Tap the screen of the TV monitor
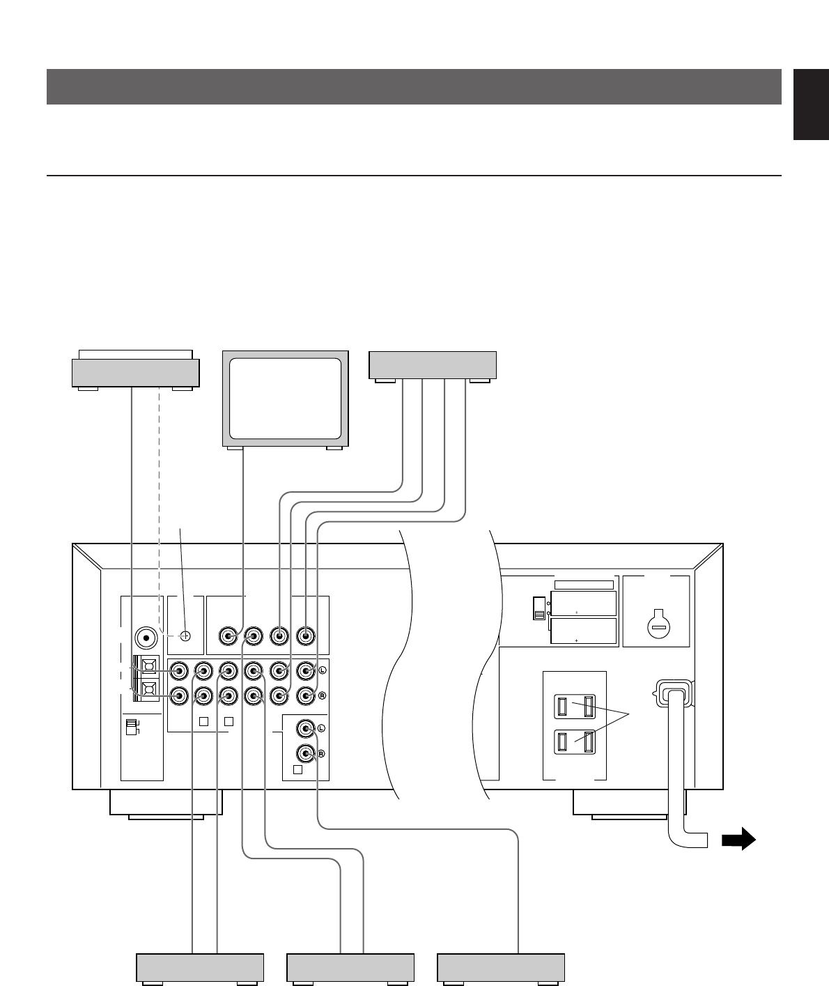click(x=285, y=397)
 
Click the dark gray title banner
click(x=414, y=86)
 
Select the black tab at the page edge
click(x=811, y=105)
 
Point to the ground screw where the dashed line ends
click(x=185, y=635)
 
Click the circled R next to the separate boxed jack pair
click(x=322, y=754)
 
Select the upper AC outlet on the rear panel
click(x=575, y=707)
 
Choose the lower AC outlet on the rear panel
click(x=575, y=743)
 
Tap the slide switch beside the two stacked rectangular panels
click(x=539, y=608)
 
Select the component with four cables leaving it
click(x=432, y=365)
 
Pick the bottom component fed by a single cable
click(x=500, y=967)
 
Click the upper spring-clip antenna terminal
click(x=148, y=665)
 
